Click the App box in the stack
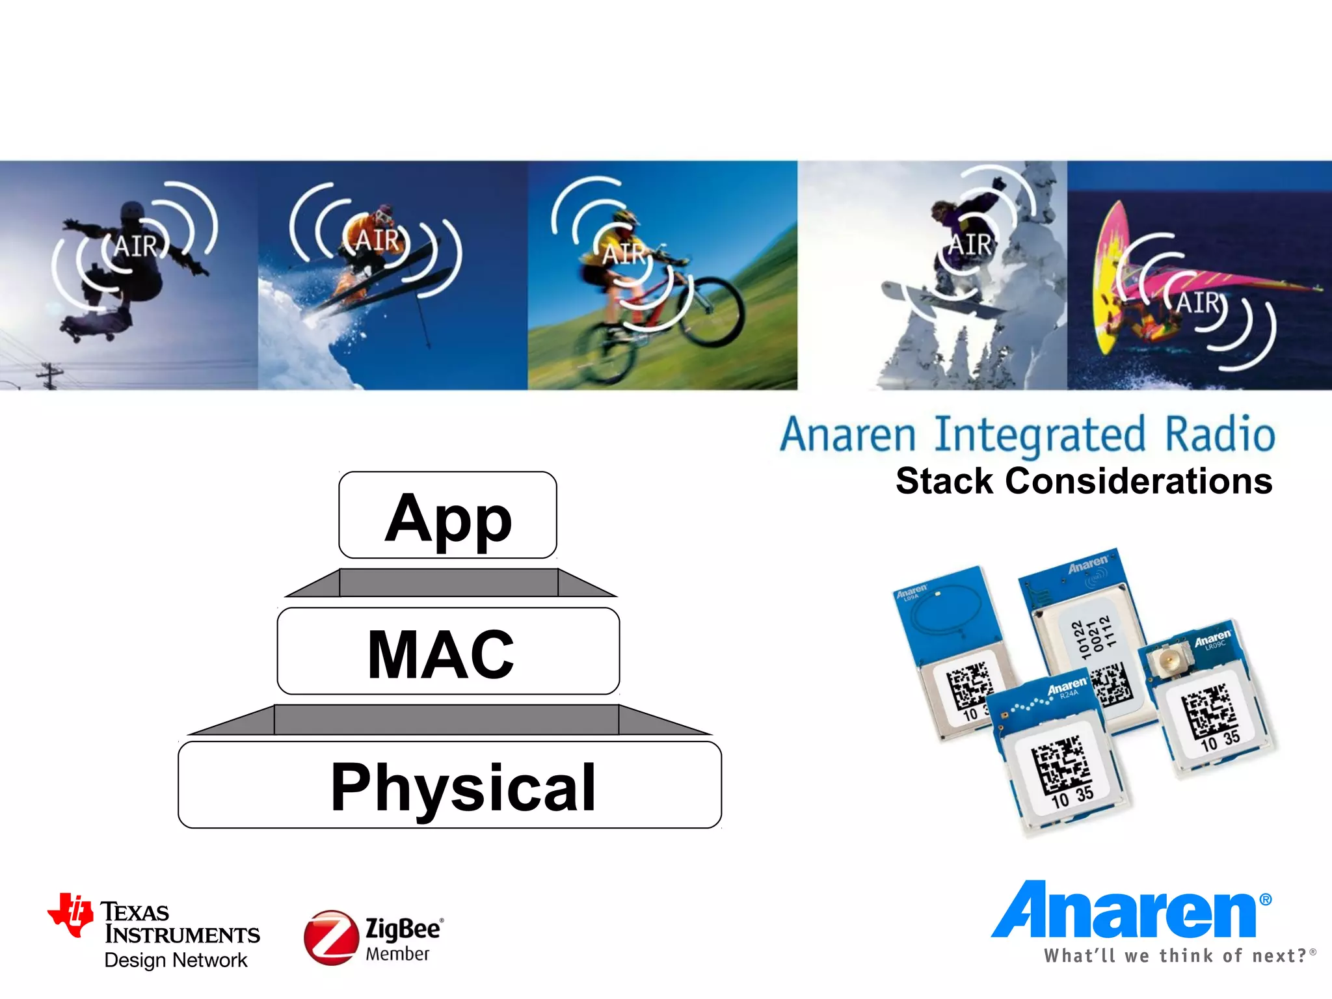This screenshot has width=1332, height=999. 447,515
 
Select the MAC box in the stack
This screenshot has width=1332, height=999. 447,652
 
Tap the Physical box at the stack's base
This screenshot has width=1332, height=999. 449,785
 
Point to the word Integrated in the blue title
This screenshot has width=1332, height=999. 1039,435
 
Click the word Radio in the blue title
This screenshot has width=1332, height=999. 1219,435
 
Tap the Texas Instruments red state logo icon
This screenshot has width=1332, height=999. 70,914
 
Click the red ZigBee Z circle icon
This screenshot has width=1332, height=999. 331,937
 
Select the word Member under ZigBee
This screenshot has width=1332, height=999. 397,954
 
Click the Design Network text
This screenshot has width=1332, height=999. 176,960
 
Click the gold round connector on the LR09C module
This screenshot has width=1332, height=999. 1164,663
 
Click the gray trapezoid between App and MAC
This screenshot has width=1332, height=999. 449,583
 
